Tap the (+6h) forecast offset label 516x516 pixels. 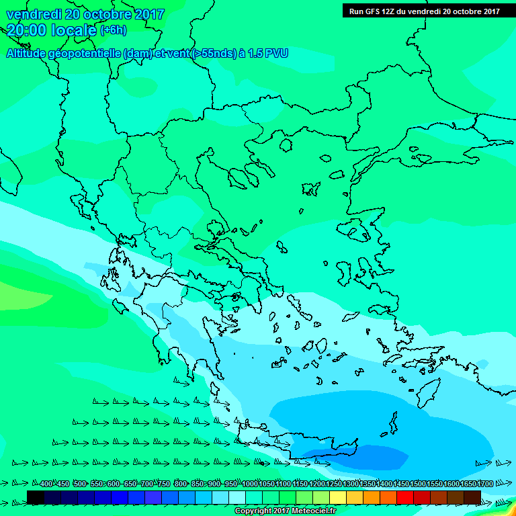113,31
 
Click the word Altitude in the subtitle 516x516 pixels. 28,53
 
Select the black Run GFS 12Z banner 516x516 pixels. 424,11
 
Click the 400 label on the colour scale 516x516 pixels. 46,484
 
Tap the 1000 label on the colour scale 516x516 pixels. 250,484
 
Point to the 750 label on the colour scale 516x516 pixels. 163,484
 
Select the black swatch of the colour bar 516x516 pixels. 36,497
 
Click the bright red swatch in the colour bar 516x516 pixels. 405,497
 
